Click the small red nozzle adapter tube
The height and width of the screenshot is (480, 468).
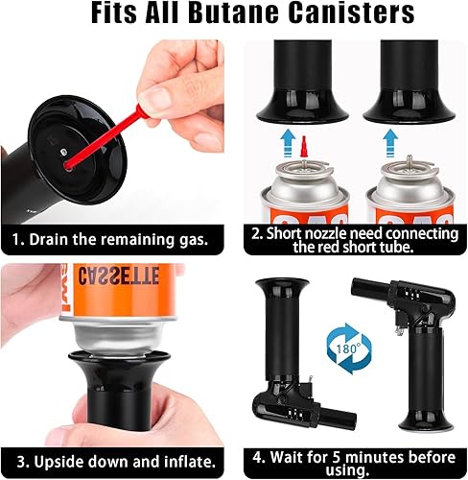(x=304, y=147)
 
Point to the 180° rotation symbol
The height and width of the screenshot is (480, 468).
(x=349, y=348)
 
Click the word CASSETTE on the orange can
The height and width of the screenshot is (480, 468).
(x=119, y=276)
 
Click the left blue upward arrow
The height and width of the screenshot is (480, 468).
(x=289, y=143)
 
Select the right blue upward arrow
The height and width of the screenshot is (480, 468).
(x=390, y=143)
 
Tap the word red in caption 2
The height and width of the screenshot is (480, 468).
(x=330, y=247)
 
